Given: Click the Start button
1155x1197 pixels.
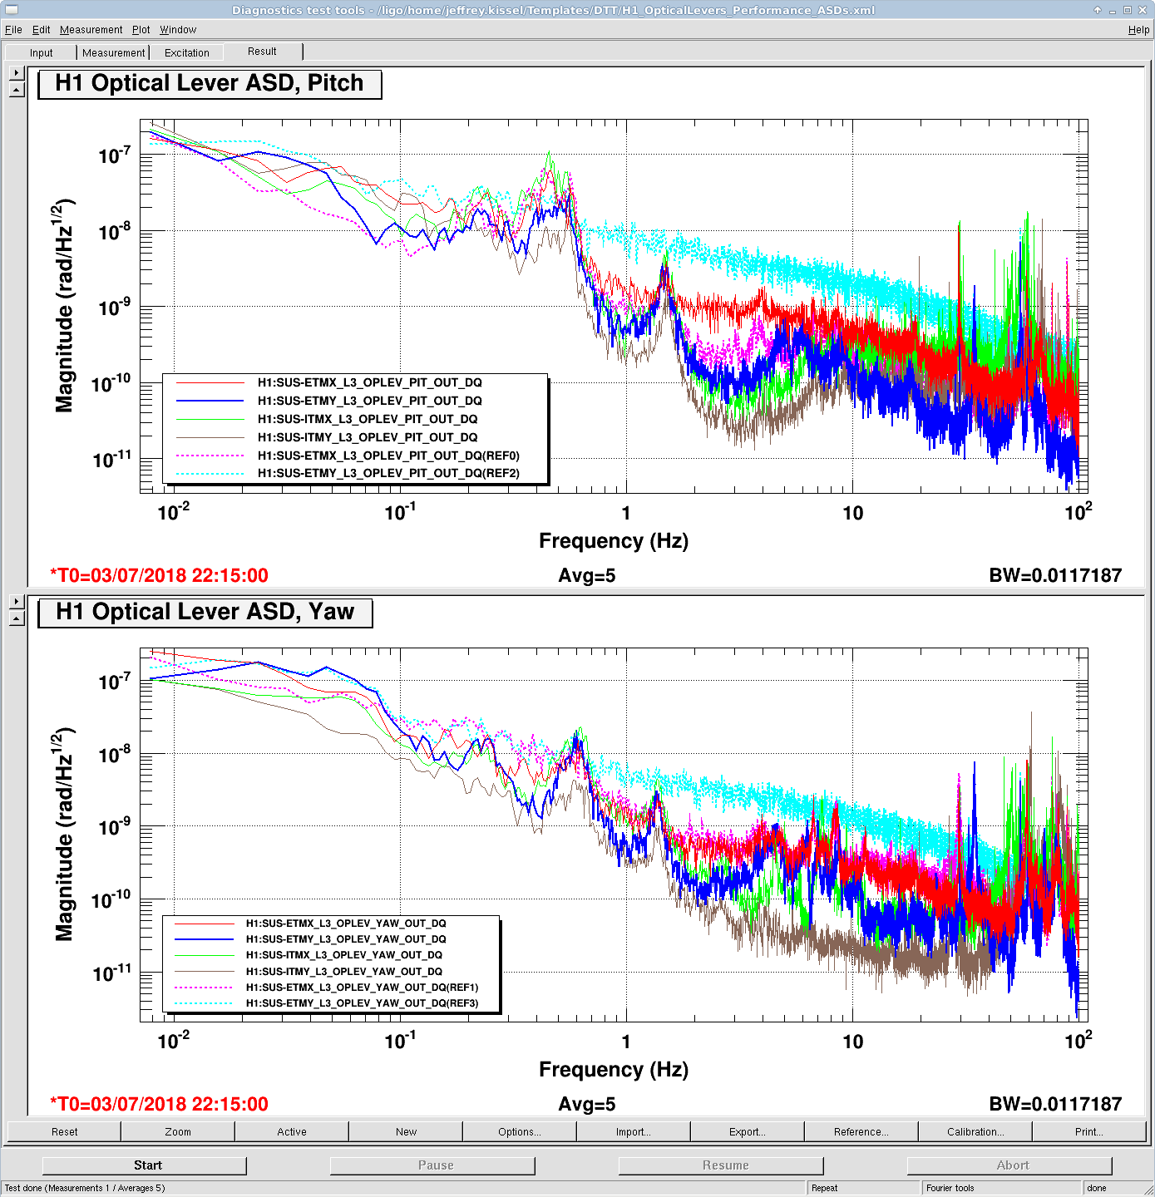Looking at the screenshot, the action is click(145, 1165).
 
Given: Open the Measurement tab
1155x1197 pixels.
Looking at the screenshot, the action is click(113, 53).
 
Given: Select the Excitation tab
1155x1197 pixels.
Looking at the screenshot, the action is click(186, 53).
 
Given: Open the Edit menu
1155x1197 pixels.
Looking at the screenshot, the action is click(42, 30).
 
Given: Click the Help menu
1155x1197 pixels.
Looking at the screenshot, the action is click(1138, 30).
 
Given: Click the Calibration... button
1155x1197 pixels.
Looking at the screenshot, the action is click(975, 1131).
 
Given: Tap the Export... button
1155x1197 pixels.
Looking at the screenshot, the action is click(747, 1131).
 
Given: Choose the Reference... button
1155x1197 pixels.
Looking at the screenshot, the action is click(861, 1131).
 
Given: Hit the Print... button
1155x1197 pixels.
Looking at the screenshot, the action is click(1088, 1131).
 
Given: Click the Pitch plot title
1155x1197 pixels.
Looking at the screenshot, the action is click(210, 84).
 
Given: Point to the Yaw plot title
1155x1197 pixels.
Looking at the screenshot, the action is click(205, 613).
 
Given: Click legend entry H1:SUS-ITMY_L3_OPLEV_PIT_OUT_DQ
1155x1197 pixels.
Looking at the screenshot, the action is click(368, 437).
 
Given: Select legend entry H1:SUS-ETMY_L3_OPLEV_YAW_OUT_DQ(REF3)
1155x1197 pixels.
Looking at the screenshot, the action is click(362, 1003).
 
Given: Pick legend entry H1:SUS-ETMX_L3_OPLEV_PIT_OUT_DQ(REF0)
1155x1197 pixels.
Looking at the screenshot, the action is click(388, 456).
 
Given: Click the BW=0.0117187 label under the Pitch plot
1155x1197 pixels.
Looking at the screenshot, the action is click(1054, 575).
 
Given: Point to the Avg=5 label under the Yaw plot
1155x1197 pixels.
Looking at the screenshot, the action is click(586, 1104).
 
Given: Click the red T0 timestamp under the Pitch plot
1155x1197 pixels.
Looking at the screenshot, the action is click(160, 575).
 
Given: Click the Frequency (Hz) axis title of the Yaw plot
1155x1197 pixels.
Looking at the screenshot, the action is click(614, 1070).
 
